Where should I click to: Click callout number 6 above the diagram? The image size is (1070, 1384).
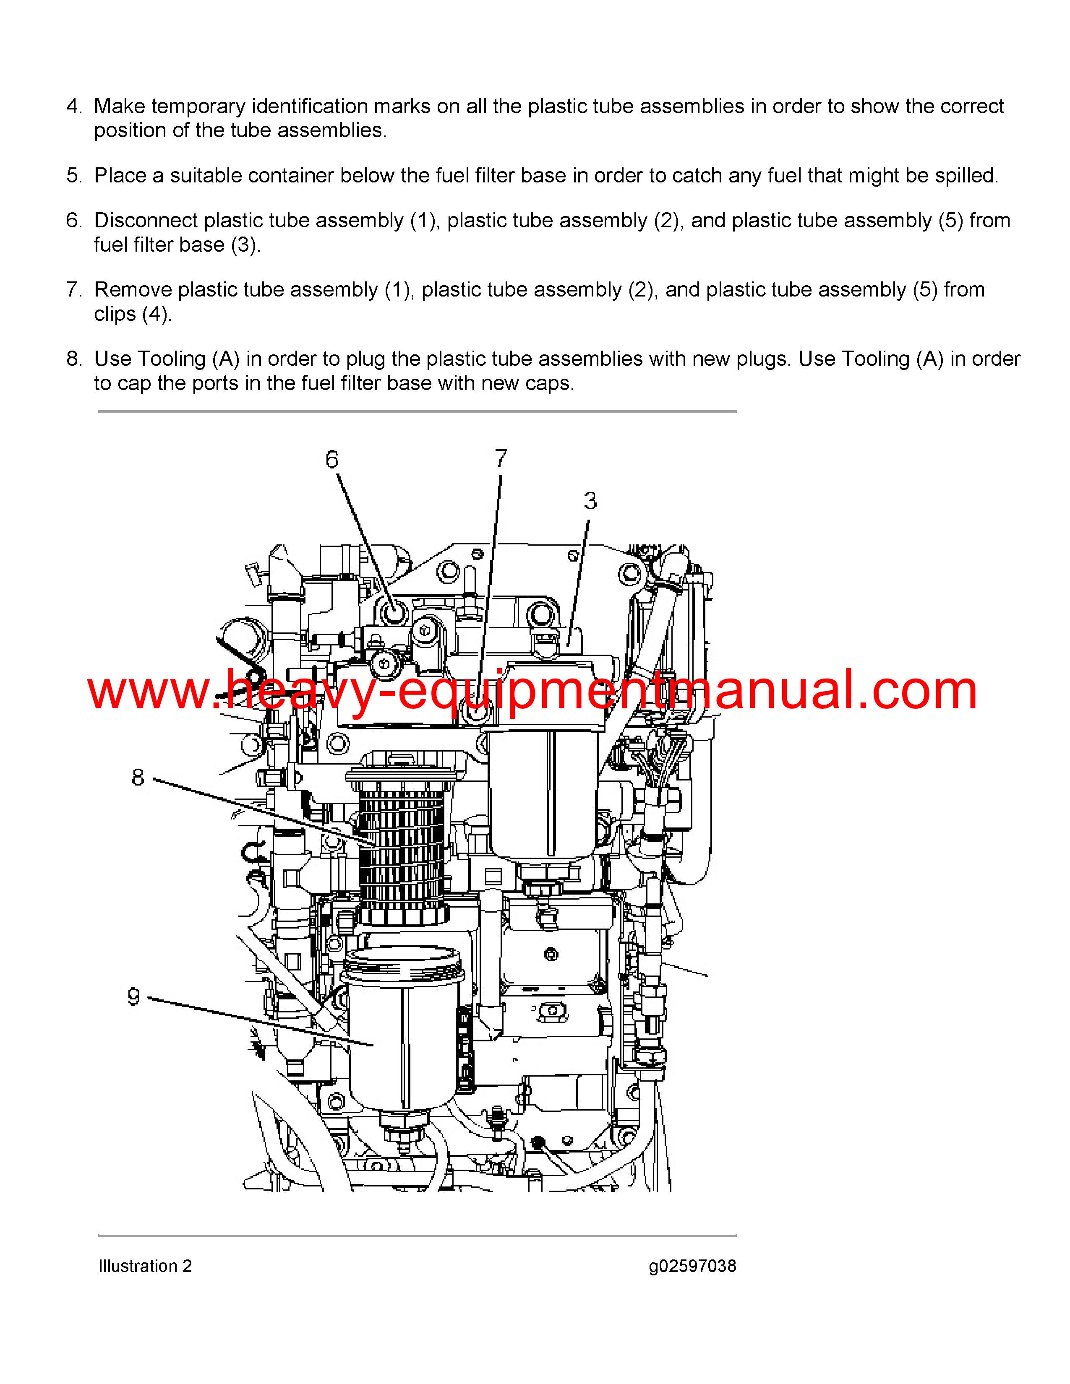332,459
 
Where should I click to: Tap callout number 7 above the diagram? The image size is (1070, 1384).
501,458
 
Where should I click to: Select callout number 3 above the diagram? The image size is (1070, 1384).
590,501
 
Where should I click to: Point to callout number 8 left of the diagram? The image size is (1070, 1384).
138,778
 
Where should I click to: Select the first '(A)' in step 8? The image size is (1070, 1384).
226,359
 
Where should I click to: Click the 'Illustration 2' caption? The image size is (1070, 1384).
145,1266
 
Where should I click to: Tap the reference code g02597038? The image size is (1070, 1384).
692,1267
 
